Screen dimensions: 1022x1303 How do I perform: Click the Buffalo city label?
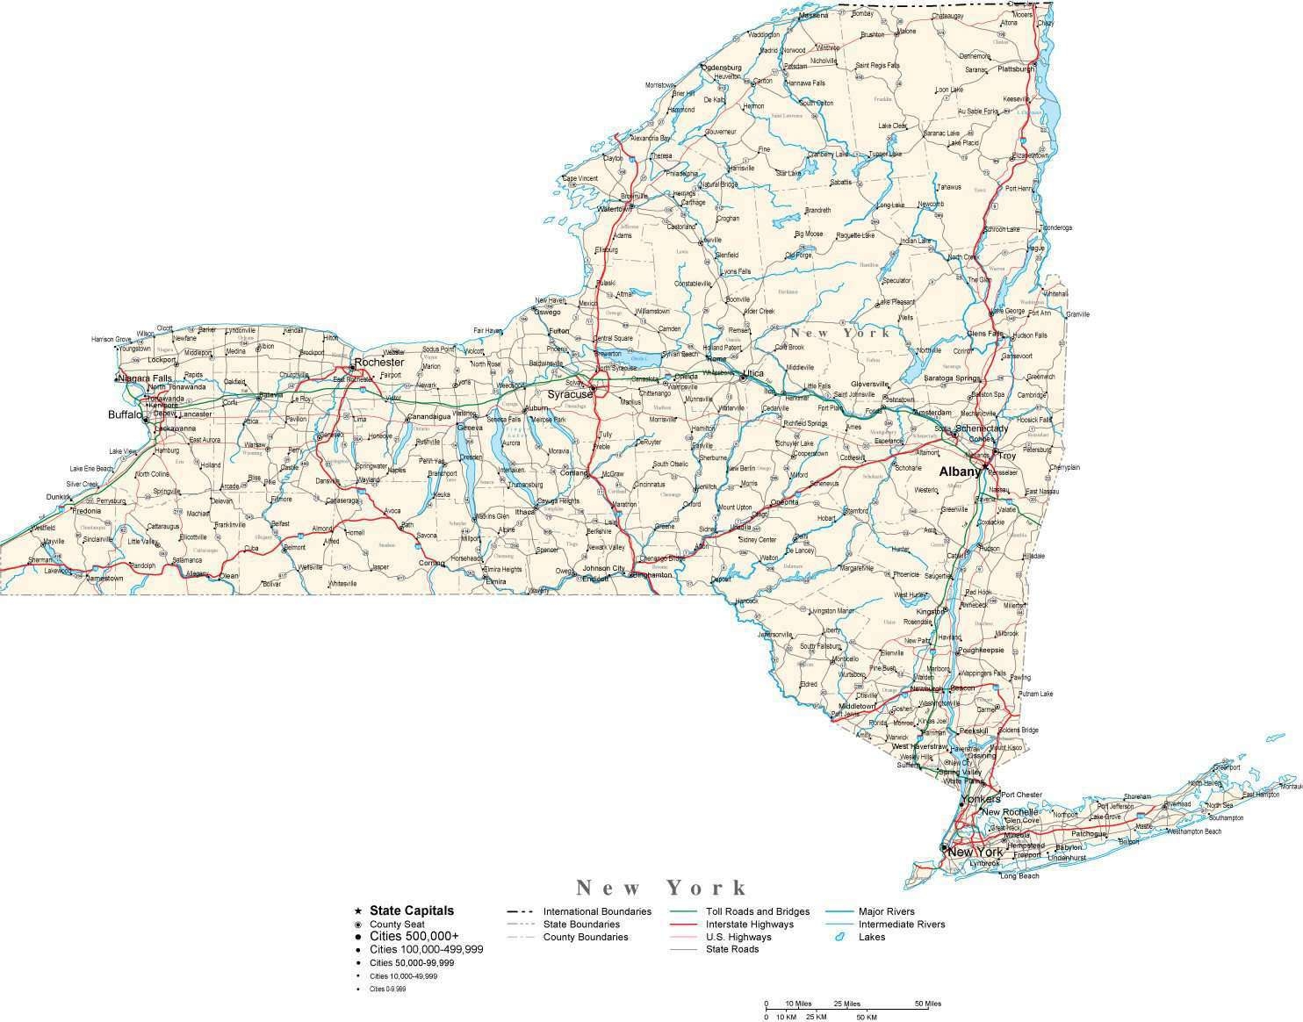click(x=124, y=414)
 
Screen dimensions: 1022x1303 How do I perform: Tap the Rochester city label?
click(x=378, y=362)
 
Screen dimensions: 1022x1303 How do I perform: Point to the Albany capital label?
click(x=959, y=471)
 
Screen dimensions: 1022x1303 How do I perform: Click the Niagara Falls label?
click(x=145, y=378)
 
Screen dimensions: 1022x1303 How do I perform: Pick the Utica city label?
click(x=752, y=373)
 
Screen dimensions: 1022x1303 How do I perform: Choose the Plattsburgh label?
click(x=1017, y=68)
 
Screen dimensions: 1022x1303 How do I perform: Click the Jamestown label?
click(x=105, y=579)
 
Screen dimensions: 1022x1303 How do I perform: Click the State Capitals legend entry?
click(x=412, y=910)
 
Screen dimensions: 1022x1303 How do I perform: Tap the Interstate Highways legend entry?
click(x=749, y=924)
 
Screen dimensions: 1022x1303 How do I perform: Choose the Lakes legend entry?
click(x=872, y=937)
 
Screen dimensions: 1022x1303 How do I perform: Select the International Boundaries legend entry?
click(x=597, y=911)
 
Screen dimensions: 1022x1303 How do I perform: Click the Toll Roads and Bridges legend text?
click(x=758, y=911)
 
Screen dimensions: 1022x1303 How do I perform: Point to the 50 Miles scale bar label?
click(x=927, y=1004)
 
